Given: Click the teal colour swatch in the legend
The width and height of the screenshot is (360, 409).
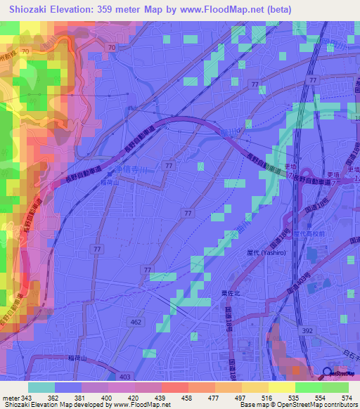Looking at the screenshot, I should (41, 387).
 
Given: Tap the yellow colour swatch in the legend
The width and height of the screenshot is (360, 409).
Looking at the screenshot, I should (281, 387).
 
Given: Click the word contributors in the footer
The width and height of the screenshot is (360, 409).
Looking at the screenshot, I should (340, 405).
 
